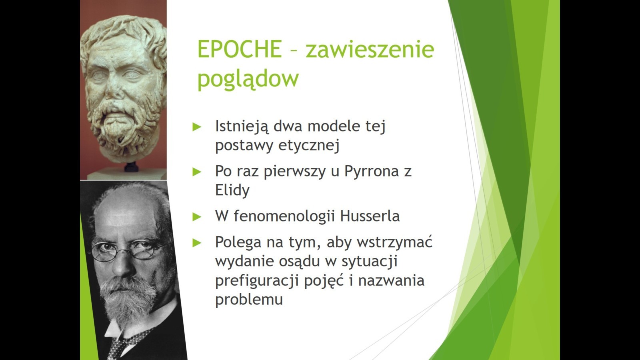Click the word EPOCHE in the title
point(240,49)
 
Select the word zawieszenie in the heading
point(370,49)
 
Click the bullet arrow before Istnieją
point(197,126)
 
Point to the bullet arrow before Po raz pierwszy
point(197,172)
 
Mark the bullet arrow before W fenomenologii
point(197,217)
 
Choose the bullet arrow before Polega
point(197,243)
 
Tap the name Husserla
point(370,216)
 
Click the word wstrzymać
point(394,242)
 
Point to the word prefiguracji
point(257,281)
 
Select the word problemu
point(249,300)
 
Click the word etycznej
point(308,146)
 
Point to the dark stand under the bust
point(132,167)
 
